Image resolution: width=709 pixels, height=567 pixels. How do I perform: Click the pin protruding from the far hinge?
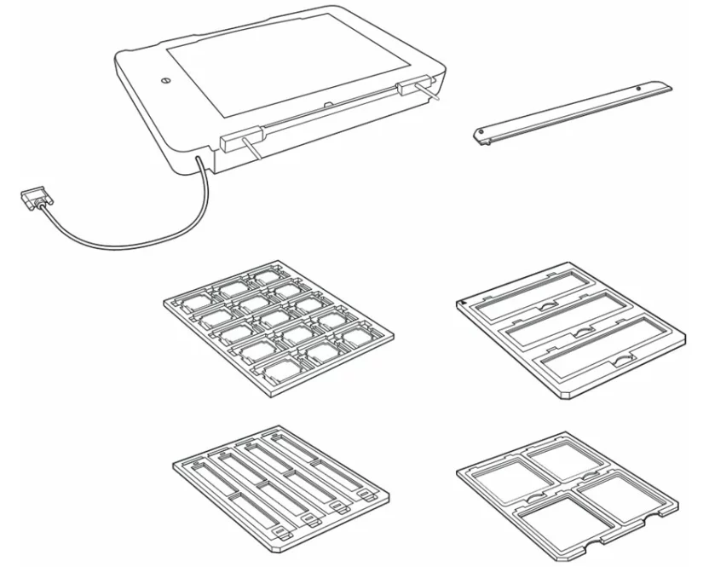tap(434, 95)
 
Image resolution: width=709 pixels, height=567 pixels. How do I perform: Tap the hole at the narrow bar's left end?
tap(482, 133)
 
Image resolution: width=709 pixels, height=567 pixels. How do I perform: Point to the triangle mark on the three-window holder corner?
tap(462, 301)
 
